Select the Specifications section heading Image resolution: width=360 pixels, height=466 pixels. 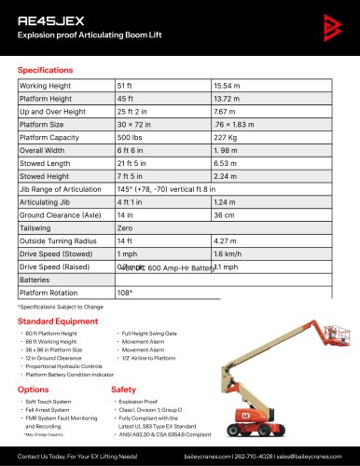click(x=51, y=70)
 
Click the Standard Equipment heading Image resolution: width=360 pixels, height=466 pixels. click(x=61, y=321)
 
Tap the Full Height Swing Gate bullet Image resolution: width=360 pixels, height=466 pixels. click(x=154, y=333)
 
